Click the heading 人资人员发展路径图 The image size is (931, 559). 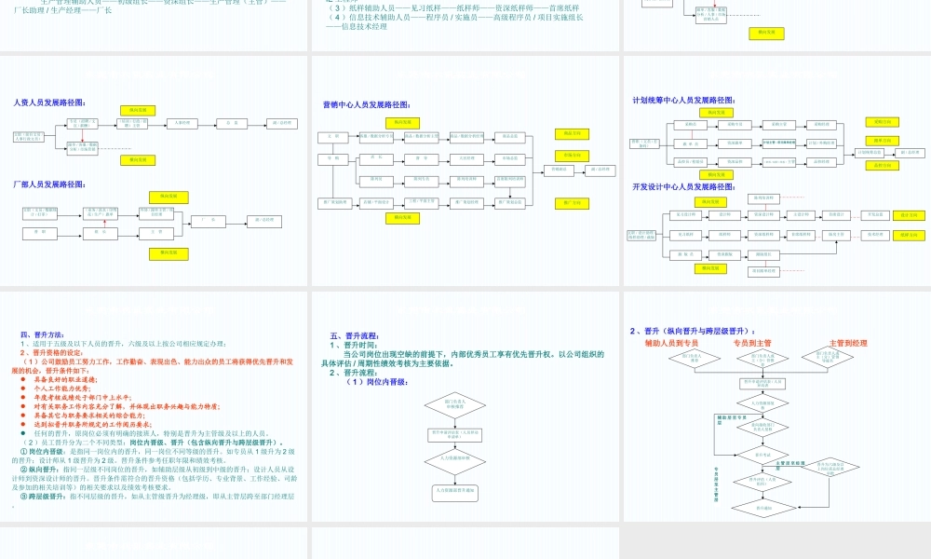[x=49, y=102]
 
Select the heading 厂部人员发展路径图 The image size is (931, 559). [x=49, y=184]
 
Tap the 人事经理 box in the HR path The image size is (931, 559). [x=183, y=123]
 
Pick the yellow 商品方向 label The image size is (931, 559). [x=571, y=134]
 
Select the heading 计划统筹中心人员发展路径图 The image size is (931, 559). [x=687, y=99]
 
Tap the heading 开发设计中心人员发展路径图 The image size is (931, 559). [x=687, y=186]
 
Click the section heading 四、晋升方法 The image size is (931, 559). [x=42, y=334]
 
